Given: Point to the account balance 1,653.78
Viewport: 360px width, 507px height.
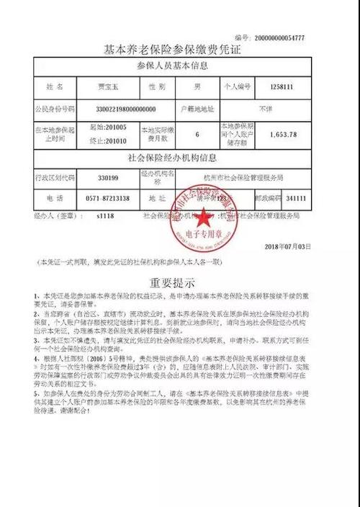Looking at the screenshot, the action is click(282, 134).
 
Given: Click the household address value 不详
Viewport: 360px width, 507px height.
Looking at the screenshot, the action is click(266, 108).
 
